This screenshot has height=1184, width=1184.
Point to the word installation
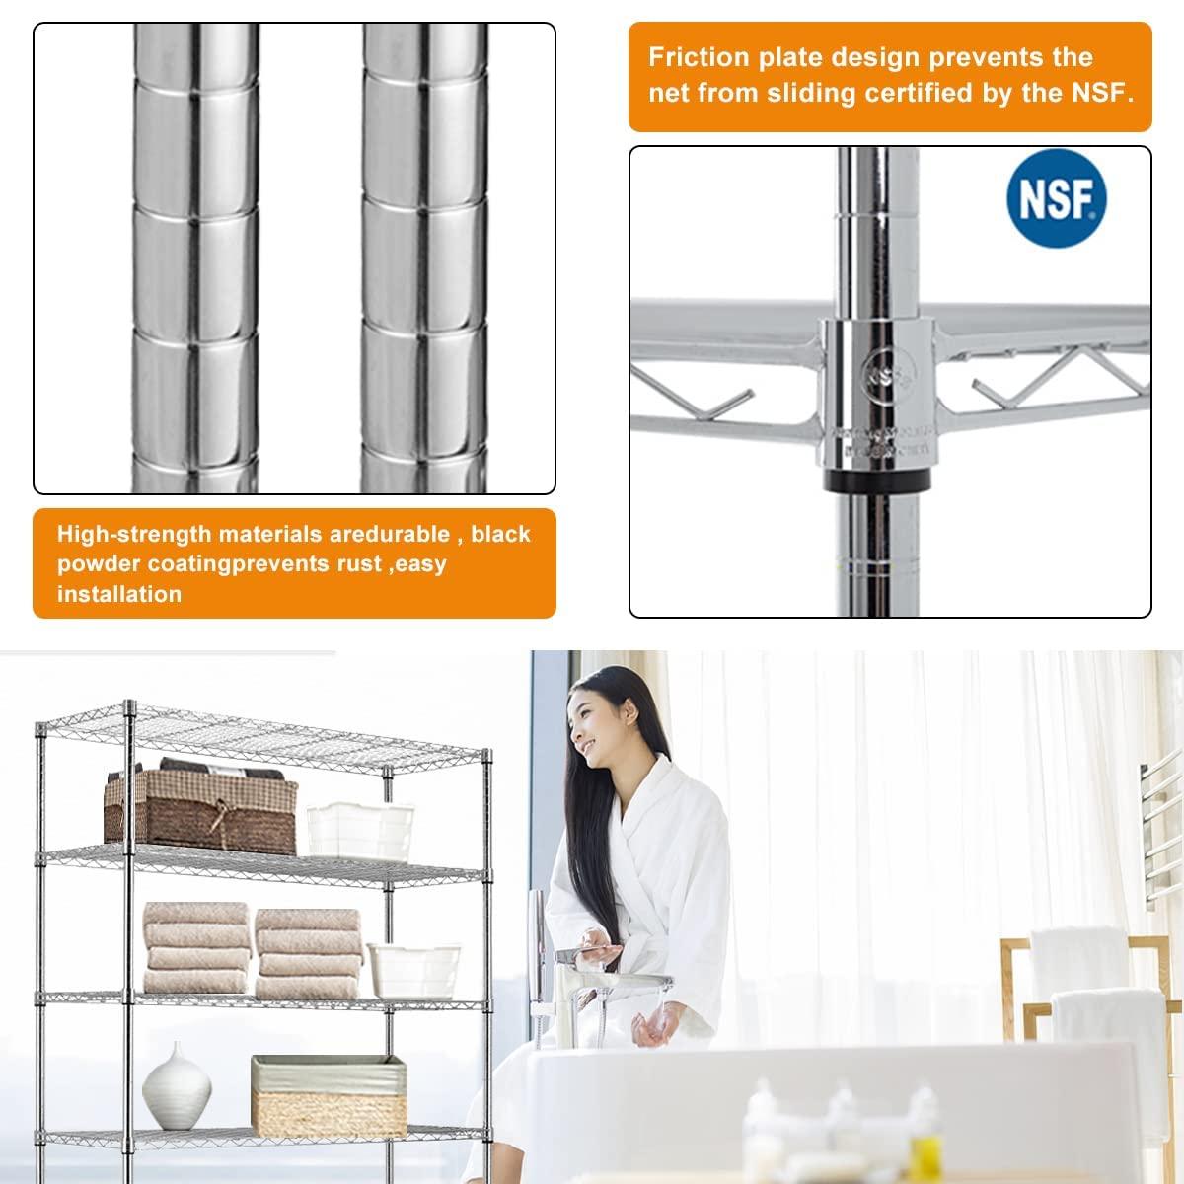pos(119,594)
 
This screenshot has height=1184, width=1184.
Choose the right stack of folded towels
pos(308,952)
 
